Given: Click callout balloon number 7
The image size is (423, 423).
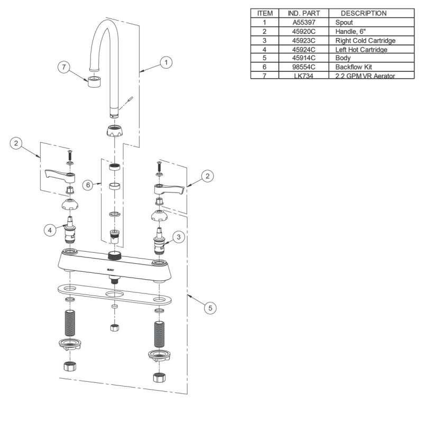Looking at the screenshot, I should [x=64, y=67].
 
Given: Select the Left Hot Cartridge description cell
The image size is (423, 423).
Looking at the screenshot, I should [x=361, y=50].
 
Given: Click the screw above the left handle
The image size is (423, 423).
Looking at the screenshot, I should [x=69, y=155].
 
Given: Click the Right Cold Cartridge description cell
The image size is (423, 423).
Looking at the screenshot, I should [x=365, y=41].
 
